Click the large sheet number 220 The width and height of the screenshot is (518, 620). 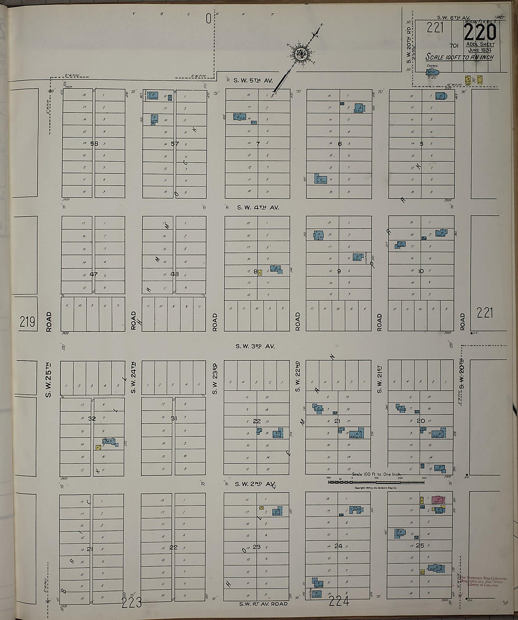(480, 32)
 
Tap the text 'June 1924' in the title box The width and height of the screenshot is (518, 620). (480, 49)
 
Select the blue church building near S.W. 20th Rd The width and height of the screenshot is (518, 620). (433, 73)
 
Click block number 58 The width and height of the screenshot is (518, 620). (94, 144)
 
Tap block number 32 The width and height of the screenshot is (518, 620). (92, 419)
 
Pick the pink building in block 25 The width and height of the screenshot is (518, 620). (438, 499)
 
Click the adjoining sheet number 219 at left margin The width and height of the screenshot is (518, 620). (27, 322)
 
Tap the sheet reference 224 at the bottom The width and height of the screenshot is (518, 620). (339, 601)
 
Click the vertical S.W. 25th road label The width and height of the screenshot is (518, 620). (49, 379)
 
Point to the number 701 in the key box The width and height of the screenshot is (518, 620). (454, 46)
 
